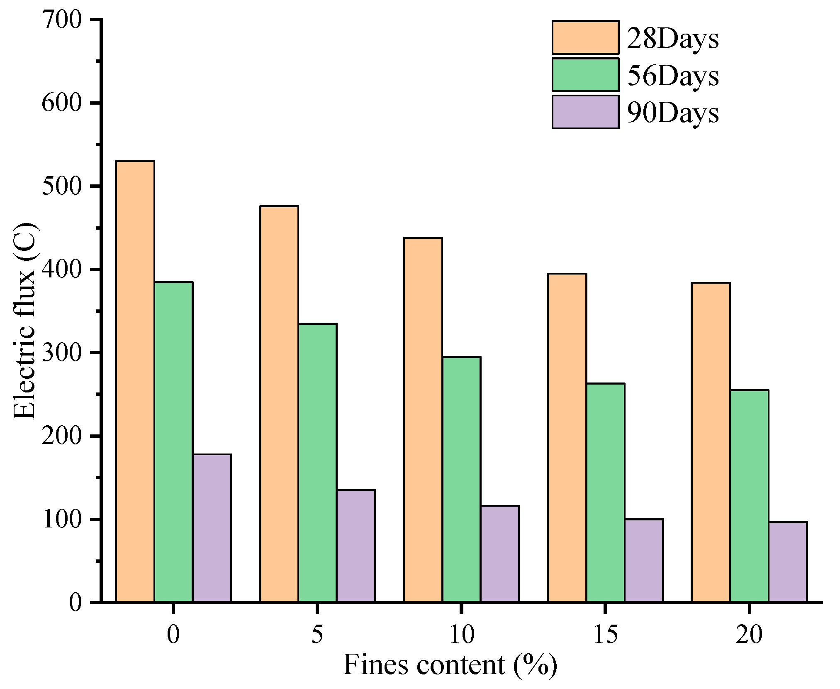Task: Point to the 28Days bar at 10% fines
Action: tap(423, 419)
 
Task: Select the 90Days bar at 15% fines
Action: tap(644, 560)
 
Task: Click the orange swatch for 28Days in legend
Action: tap(585, 37)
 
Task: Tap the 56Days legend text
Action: tap(672, 76)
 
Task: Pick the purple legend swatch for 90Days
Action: tap(585, 112)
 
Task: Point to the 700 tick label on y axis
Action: tap(62, 20)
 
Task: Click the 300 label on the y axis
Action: tap(62, 353)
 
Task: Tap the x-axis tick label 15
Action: tap(605, 634)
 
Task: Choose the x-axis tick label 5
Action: tap(317, 634)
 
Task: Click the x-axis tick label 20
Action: tap(749, 634)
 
